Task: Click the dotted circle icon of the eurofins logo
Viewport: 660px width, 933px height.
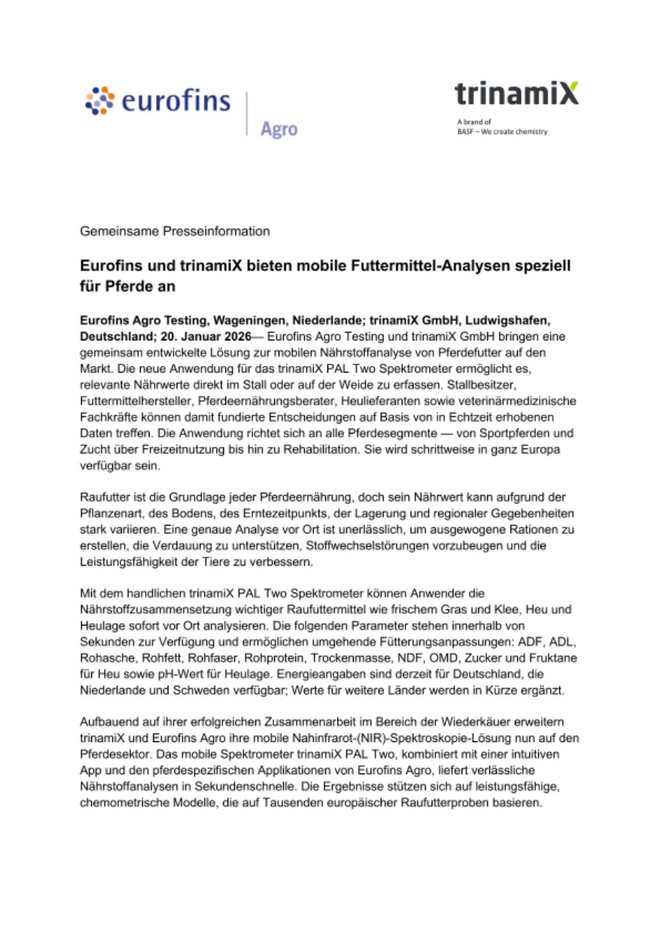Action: pos(101,101)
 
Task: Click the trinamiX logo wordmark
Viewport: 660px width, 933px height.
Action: pos(516,94)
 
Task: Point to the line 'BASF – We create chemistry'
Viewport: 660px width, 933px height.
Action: pos(502,131)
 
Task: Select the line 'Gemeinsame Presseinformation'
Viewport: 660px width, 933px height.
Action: pos(175,231)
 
